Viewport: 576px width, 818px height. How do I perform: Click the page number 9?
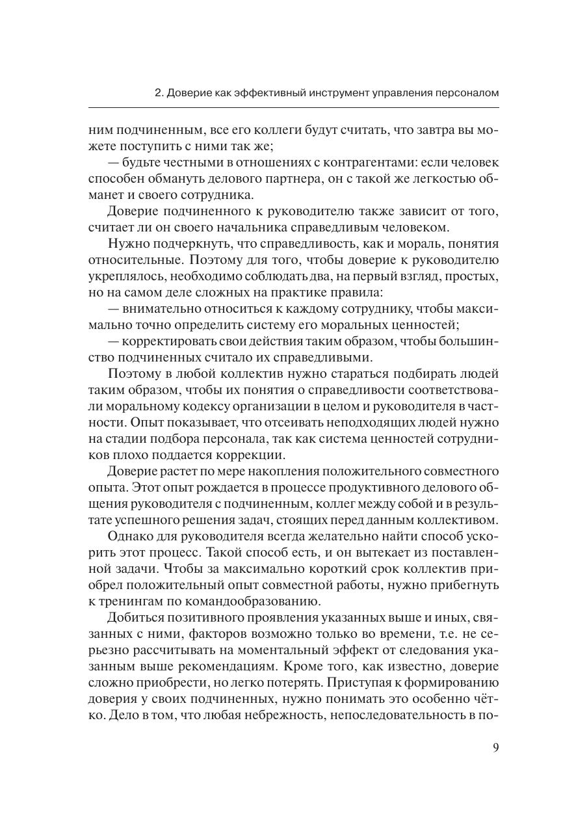pyautogui.click(x=495, y=747)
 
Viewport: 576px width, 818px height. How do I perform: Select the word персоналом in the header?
pyautogui.click(x=466, y=93)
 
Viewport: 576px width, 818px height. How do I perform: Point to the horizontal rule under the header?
pyautogui.click(x=293, y=107)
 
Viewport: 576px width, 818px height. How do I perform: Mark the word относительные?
pyautogui.click(x=133, y=261)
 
